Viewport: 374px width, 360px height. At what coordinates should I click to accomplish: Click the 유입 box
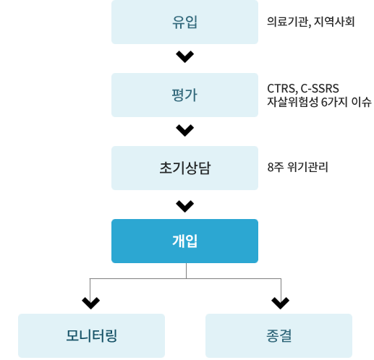tap(184, 22)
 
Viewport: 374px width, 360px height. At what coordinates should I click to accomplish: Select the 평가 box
tap(184, 95)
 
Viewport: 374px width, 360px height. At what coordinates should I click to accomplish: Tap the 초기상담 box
tap(184, 168)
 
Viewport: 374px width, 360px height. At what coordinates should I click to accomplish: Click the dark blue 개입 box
tap(184, 241)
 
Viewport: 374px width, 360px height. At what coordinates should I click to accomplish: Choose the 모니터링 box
tap(91, 335)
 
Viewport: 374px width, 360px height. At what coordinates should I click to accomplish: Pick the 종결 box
tap(279, 335)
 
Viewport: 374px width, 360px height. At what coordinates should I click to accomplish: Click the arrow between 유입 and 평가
tap(185, 57)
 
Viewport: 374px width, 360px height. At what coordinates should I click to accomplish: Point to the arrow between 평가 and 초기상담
tap(185, 131)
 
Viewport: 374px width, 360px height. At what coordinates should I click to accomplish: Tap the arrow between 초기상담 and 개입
tap(185, 206)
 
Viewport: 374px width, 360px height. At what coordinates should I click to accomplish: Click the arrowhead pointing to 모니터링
tap(90, 303)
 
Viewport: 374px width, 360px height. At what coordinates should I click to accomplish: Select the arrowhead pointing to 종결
tap(280, 303)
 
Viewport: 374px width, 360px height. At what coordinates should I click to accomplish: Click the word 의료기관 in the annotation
tap(288, 22)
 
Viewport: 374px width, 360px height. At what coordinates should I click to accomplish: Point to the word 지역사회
tap(334, 22)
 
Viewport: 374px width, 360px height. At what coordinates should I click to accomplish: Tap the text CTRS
tap(281, 89)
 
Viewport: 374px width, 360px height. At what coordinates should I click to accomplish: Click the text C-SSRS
tap(320, 88)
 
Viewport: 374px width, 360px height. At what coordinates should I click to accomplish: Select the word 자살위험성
tap(293, 102)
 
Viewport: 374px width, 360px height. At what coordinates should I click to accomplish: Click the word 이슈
tap(362, 102)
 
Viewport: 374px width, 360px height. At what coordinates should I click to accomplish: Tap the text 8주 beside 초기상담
tap(276, 167)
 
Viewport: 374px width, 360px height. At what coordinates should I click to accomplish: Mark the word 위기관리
tap(308, 167)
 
